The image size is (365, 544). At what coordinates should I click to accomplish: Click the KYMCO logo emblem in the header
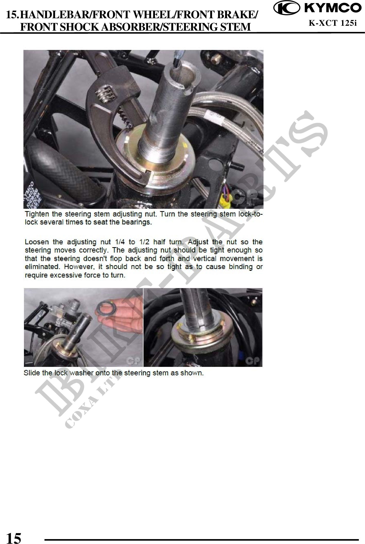pos(286,8)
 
